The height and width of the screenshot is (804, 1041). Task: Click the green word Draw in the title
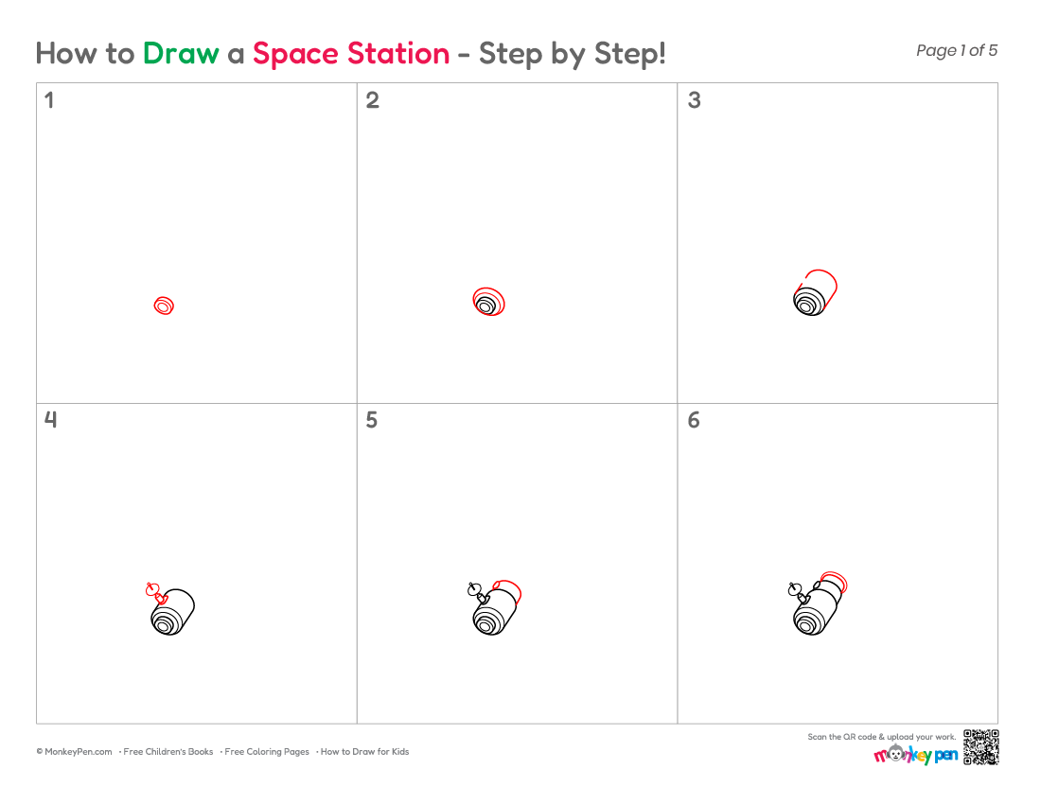coord(181,54)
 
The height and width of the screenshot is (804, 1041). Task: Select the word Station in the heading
coord(398,54)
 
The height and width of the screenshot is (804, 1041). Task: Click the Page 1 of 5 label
coord(957,50)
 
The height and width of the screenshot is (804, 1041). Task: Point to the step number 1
coord(48,100)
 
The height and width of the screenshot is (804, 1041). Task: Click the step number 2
coord(373,100)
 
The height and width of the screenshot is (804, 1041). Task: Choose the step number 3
coord(694,100)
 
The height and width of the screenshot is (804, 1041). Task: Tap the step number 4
coord(50,419)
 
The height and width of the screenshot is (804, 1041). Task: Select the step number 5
coord(372,420)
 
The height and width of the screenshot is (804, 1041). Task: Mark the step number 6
coord(694,420)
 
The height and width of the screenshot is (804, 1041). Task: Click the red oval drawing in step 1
coord(164,306)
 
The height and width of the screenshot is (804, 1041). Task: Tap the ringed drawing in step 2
coord(488,302)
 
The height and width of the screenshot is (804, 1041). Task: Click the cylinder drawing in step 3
coord(815,292)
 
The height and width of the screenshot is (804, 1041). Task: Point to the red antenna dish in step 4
coord(152,589)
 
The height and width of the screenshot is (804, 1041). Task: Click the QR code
coord(980,747)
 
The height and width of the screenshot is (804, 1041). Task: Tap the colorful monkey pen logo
coord(915,754)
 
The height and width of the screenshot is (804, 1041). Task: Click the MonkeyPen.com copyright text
coord(74,752)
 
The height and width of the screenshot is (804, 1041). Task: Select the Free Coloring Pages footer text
coord(266,752)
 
